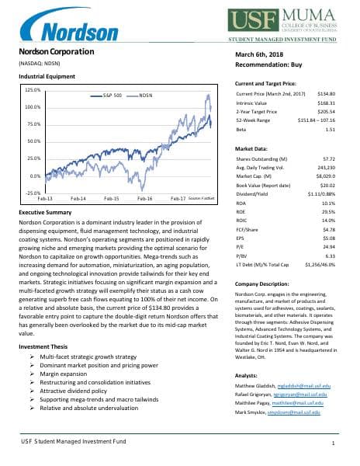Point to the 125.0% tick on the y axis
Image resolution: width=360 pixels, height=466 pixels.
coord(32,90)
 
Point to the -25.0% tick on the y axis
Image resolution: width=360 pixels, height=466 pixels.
coord(32,193)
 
